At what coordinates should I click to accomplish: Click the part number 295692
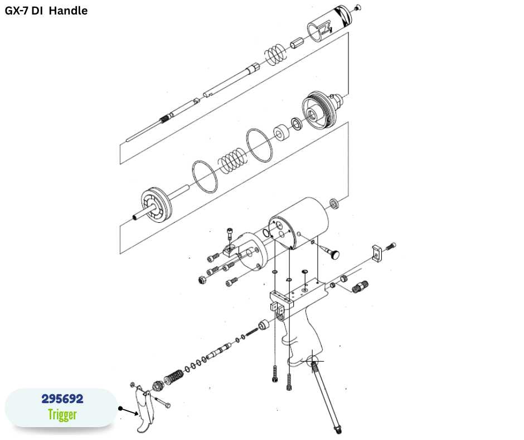click(62, 399)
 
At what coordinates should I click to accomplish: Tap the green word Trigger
click(62, 414)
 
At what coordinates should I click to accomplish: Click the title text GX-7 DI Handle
click(46, 11)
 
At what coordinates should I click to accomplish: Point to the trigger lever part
click(145, 409)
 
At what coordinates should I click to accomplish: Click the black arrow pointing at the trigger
click(129, 412)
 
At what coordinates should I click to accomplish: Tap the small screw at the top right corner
click(357, 7)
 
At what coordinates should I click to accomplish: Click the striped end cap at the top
click(329, 23)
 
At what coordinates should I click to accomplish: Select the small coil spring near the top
click(276, 55)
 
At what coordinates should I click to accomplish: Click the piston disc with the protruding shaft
click(154, 205)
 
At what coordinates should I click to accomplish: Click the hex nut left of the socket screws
click(202, 280)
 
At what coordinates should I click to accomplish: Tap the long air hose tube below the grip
click(325, 397)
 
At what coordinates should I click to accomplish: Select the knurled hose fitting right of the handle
click(360, 286)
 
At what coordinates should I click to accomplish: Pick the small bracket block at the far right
click(377, 254)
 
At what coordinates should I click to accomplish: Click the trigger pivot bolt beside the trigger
click(162, 402)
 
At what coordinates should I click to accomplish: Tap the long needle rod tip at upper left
click(144, 132)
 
